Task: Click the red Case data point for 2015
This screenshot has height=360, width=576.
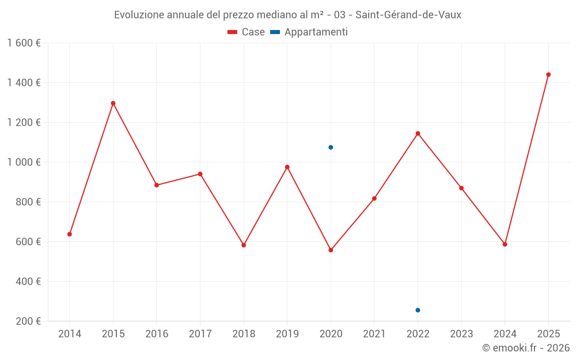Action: [113, 103]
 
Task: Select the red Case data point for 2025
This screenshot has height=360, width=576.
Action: [548, 74]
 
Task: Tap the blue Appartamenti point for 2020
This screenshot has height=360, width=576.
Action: [331, 147]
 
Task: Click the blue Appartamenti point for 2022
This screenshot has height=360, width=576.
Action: [418, 310]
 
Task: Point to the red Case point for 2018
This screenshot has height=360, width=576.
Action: [244, 245]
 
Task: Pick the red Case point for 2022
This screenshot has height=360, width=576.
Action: [418, 134]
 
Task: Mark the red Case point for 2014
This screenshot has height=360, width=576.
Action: [70, 234]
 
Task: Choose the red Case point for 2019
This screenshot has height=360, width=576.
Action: [287, 167]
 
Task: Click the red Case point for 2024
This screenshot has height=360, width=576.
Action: [505, 244]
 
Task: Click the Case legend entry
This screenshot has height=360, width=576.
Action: [247, 32]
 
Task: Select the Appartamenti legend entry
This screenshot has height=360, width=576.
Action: [309, 32]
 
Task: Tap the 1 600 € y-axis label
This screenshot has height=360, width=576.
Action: [24, 43]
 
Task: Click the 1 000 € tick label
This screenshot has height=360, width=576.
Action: [24, 162]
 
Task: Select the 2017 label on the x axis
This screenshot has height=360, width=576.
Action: [200, 334]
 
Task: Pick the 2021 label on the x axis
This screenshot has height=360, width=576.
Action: [374, 334]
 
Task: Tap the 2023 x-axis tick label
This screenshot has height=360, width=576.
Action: [461, 334]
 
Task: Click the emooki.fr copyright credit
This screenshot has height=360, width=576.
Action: [526, 348]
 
